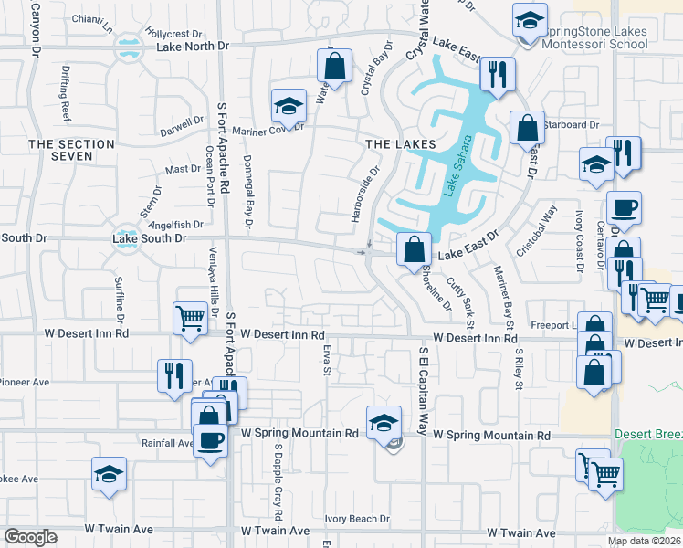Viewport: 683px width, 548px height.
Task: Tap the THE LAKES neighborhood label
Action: point(401,144)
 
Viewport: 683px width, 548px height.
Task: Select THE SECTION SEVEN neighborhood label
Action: point(71,151)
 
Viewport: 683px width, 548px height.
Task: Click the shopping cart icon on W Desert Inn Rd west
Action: point(190,319)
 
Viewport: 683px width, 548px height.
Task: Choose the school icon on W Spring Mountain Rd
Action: point(384,422)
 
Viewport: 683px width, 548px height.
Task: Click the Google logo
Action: point(30,537)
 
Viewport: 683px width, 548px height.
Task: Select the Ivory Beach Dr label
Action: point(357,519)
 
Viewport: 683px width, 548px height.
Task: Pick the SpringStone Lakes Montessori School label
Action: point(594,37)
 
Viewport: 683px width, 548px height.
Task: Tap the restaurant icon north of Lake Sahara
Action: point(497,74)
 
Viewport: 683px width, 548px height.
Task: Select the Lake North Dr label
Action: point(192,46)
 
